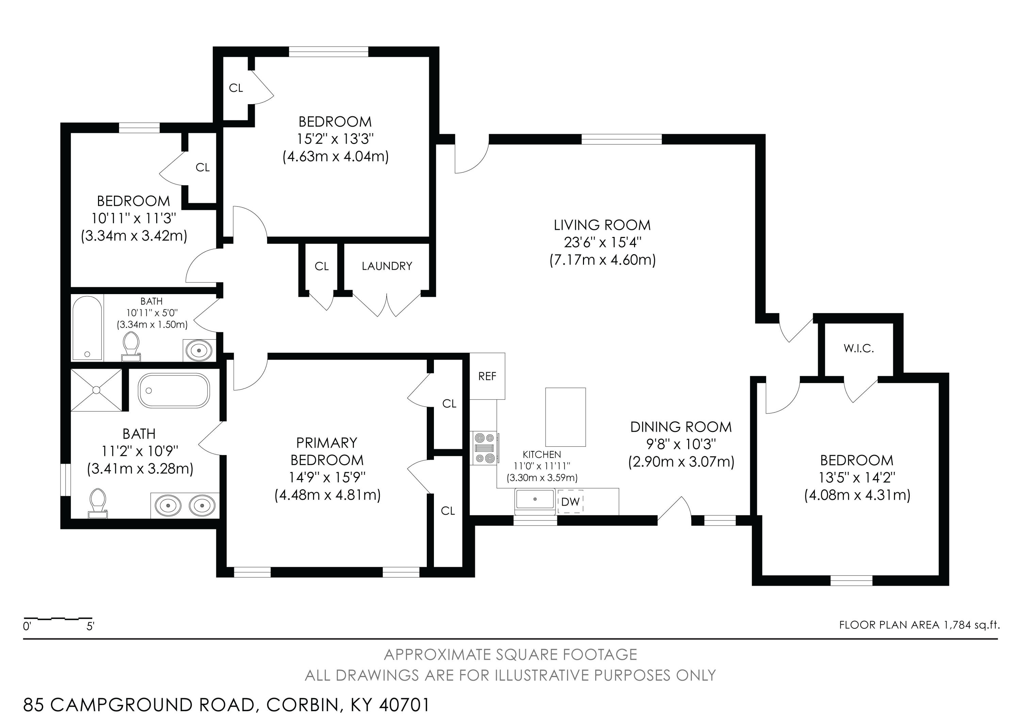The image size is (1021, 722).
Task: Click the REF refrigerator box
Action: pyautogui.click(x=487, y=376)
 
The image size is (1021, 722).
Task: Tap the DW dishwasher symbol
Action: pyautogui.click(x=570, y=502)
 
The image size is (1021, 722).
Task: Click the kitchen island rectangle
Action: pyautogui.click(x=566, y=417)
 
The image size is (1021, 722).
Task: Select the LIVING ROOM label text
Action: pyautogui.click(x=602, y=225)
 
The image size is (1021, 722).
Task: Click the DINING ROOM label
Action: pyautogui.click(x=681, y=427)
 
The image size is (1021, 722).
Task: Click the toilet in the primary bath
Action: pyautogui.click(x=98, y=504)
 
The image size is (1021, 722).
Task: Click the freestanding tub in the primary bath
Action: pyautogui.click(x=174, y=390)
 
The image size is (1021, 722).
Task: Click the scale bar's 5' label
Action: pyautogui.click(x=91, y=627)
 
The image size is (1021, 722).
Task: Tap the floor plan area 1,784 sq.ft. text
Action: pyautogui.click(x=919, y=625)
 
